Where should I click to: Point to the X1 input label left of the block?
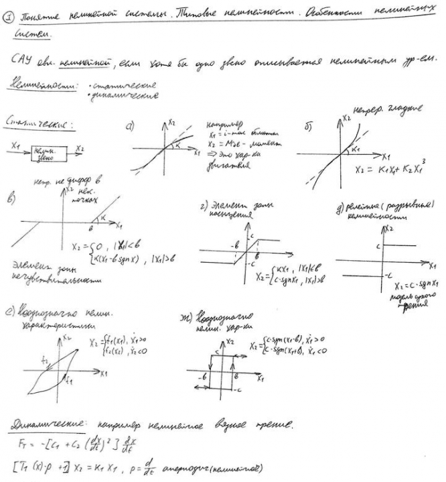[x=15, y=143]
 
